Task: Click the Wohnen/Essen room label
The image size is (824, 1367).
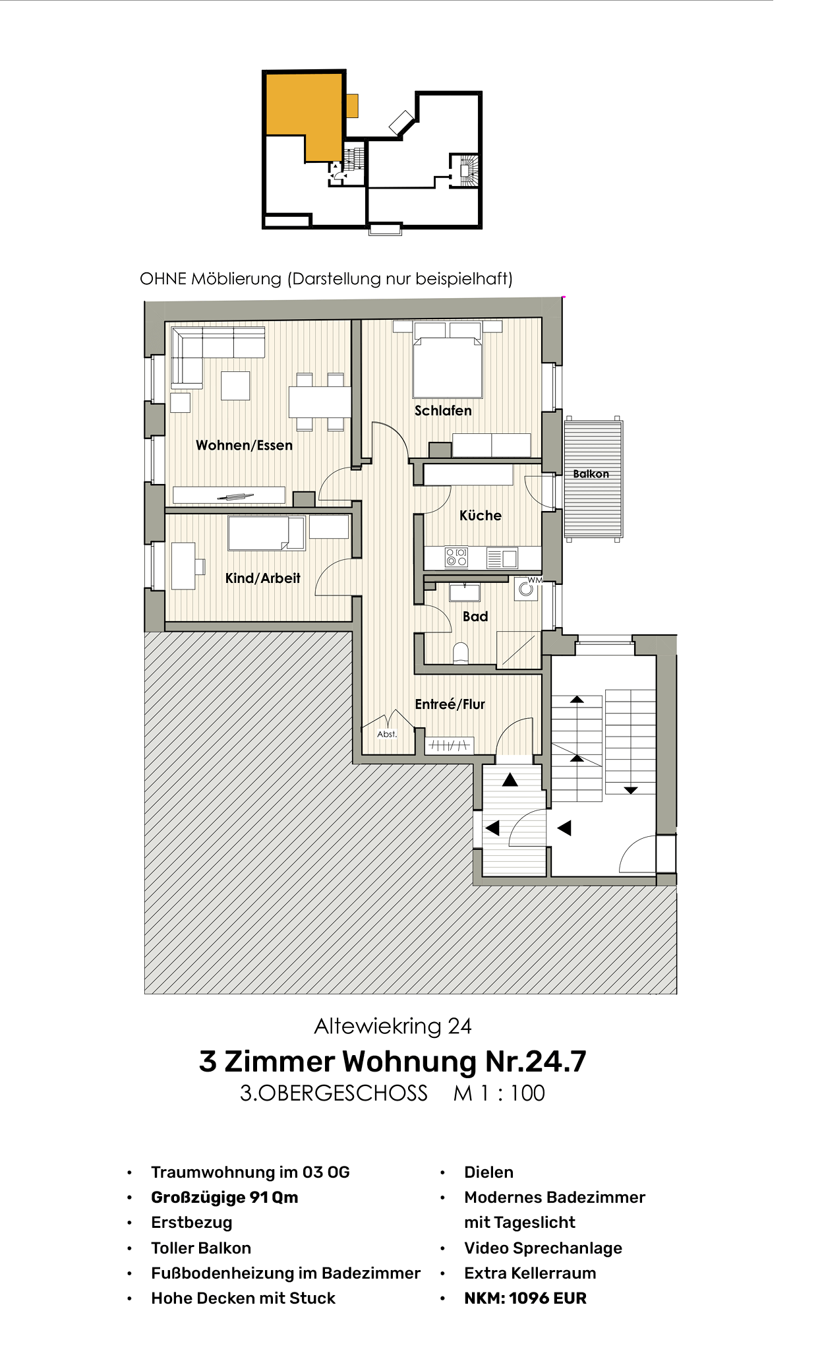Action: click(x=244, y=445)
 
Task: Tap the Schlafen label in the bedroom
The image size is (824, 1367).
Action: click(x=443, y=410)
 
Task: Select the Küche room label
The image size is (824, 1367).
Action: click(x=480, y=515)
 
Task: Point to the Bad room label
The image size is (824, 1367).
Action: click(x=475, y=616)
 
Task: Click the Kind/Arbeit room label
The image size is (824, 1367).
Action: click(x=262, y=578)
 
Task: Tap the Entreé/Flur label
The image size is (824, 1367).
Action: click(x=450, y=704)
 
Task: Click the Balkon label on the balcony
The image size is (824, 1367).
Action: click(x=591, y=473)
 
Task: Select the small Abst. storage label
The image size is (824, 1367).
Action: click(x=387, y=734)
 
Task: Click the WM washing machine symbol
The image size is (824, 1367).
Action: click(x=526, y=589)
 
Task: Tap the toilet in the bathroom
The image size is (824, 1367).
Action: click(x=461, y=653)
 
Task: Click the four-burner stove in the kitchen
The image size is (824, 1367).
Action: click(x=456, y=557)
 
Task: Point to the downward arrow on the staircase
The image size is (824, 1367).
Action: click(x=630, y=789)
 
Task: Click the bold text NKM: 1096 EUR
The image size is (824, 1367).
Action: click(x=525, y=1298)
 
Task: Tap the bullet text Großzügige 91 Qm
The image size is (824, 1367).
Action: click(x=224, y=1197)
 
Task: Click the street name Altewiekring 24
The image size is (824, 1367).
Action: click(x=393, y=1025)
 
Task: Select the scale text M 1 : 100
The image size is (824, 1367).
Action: click(x=499, y=1093)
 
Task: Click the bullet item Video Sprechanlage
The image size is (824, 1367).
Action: click(x=543, y=1248)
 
